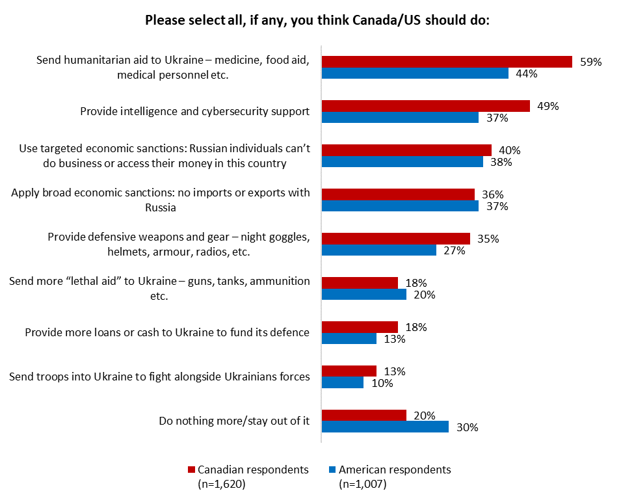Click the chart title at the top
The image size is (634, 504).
(x=317, y=20)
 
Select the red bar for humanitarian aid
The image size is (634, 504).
(x=447, y=62)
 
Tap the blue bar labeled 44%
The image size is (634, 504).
(x=415, y=73)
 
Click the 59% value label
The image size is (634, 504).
(x=591, y=62)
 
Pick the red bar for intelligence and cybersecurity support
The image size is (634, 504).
(x=426, y=106)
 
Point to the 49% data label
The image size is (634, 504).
(x=548, y=106)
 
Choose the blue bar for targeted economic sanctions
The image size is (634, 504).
(x=403, y=162)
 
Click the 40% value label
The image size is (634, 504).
(x=510, y=150)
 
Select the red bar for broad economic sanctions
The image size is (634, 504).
(x=398, y=194)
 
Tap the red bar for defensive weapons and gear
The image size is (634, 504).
(x=396, y=239)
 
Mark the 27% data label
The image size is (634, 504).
(x=455, y=250)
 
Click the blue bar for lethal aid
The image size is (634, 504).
(x=364, y=295)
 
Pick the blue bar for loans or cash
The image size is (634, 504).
(x=349, y=339)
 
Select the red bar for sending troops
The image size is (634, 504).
(x=349, y=371)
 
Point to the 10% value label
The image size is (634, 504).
(x=382, y=383)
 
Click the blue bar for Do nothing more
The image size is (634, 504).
(x=385, y=427)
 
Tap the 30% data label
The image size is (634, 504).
(x=467, y=427)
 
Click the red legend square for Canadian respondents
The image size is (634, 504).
(x=191, y=470)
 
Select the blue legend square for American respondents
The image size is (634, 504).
(x=332, y=470)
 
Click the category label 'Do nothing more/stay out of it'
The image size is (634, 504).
(x=234, y=421)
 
